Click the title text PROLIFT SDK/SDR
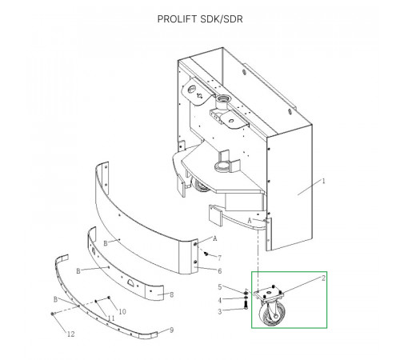200,19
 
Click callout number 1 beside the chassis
324,181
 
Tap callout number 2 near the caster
323,278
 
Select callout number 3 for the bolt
220,311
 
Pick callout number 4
220,300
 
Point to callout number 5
220,287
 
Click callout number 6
220,271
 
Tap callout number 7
219,258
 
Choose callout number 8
172,294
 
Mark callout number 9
172,330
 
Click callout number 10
122,311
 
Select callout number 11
111,318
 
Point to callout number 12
71,334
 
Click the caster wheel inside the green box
274,315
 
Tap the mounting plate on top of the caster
269,294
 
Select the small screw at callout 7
206,254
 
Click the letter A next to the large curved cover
215,238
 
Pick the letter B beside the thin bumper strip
55,299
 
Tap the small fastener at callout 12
52,314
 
